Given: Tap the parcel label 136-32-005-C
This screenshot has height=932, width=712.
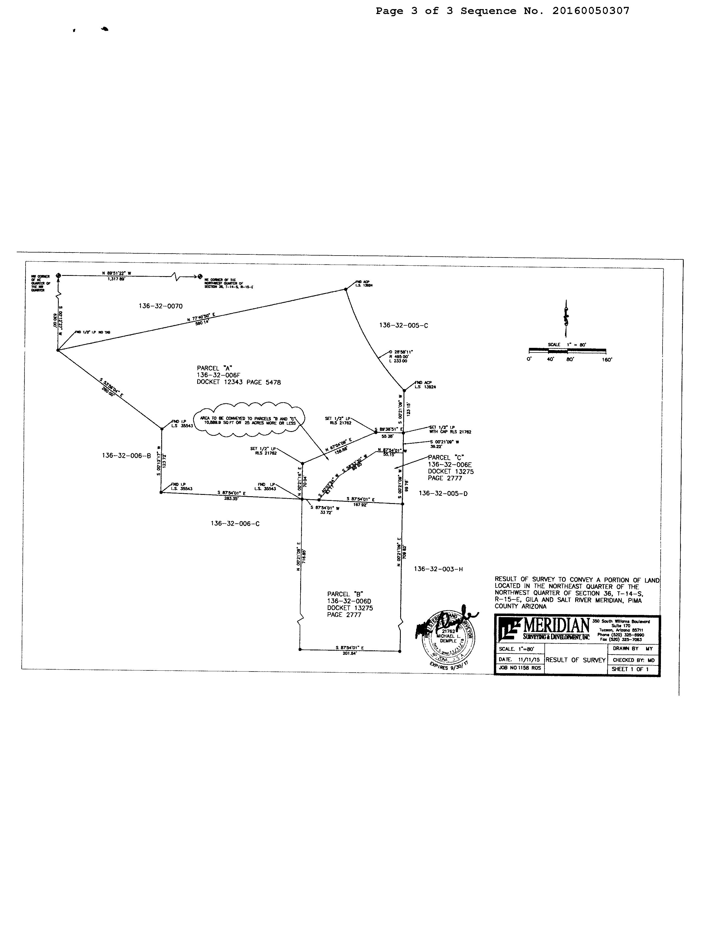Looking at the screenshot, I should click(404, 326).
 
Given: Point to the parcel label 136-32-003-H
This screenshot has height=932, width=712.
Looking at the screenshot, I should click(438, 569).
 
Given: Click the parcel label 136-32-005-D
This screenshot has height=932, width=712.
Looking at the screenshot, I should click(443, 493).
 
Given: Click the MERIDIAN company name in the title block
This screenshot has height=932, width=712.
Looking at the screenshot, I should click(557, 625).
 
